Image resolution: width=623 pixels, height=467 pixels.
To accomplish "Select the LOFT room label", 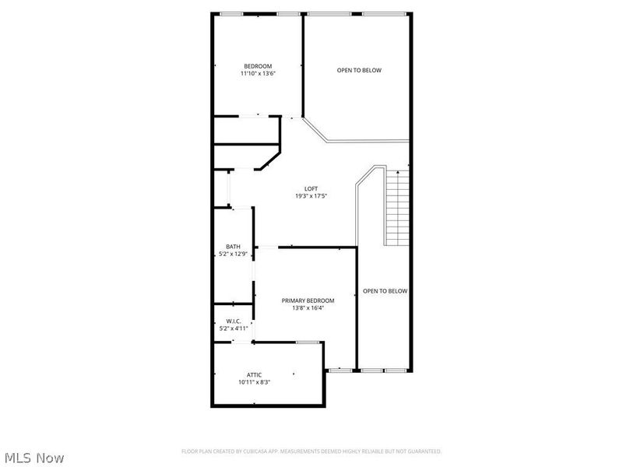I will point(311,188).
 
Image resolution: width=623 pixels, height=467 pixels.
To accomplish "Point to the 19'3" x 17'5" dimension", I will point(311,196).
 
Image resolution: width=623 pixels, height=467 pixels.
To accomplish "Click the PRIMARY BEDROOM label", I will point(308,300).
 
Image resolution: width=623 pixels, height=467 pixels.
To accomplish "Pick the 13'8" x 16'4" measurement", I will point(308,308).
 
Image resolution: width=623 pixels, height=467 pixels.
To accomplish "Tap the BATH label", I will point(233,247).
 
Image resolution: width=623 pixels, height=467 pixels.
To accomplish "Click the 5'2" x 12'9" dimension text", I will point(233,255).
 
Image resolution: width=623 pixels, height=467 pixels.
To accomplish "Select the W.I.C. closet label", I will point(234,321).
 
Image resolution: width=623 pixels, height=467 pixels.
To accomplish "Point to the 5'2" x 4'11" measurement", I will point(234,328).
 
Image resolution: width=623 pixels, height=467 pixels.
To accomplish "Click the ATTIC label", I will point(254,374).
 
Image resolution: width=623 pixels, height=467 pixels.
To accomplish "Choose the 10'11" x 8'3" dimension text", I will point(254,382).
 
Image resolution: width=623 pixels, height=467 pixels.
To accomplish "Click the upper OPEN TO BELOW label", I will point(359,70).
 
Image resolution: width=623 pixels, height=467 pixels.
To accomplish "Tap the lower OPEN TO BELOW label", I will point(385,291).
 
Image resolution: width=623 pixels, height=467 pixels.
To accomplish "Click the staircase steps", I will point(397,206).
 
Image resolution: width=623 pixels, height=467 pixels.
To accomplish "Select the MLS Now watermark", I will point(34,458).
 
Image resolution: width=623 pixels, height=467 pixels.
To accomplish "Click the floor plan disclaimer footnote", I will point(311,451).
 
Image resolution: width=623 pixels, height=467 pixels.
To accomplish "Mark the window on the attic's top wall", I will point(308,342).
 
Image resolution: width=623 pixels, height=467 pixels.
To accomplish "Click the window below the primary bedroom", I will point(340,370).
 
